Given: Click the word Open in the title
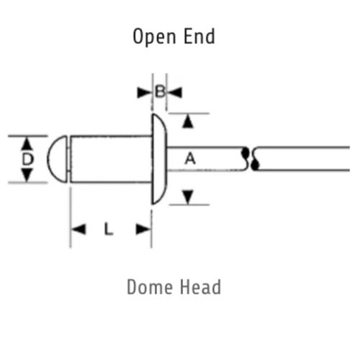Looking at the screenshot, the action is point(154,37).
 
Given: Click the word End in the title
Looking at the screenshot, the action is point(199,36).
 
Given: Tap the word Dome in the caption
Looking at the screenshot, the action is point(150,287).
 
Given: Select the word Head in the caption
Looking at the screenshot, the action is point(200,287).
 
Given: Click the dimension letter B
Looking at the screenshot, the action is point(160,92).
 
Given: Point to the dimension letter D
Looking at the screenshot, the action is point(27,159).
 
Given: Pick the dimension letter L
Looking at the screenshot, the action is point(109,229).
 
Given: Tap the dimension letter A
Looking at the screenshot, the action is point(190,158).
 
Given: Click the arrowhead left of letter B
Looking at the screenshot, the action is point(144,93).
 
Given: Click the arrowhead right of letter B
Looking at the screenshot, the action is point(175,93).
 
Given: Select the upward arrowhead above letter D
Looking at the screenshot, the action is point(27,144).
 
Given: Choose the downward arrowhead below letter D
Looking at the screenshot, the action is point(27,175).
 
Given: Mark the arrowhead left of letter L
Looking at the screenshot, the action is point(78,229).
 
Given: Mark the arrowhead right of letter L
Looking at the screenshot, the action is point(143,229).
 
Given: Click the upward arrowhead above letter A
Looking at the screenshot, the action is point(188,121).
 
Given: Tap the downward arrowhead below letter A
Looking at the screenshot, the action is point(188,197).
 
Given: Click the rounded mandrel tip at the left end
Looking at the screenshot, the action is point(57,159).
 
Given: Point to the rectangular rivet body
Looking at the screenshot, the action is point(111,159).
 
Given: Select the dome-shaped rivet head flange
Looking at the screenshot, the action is point(159,159).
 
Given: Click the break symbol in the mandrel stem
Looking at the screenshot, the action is point(250,158).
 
